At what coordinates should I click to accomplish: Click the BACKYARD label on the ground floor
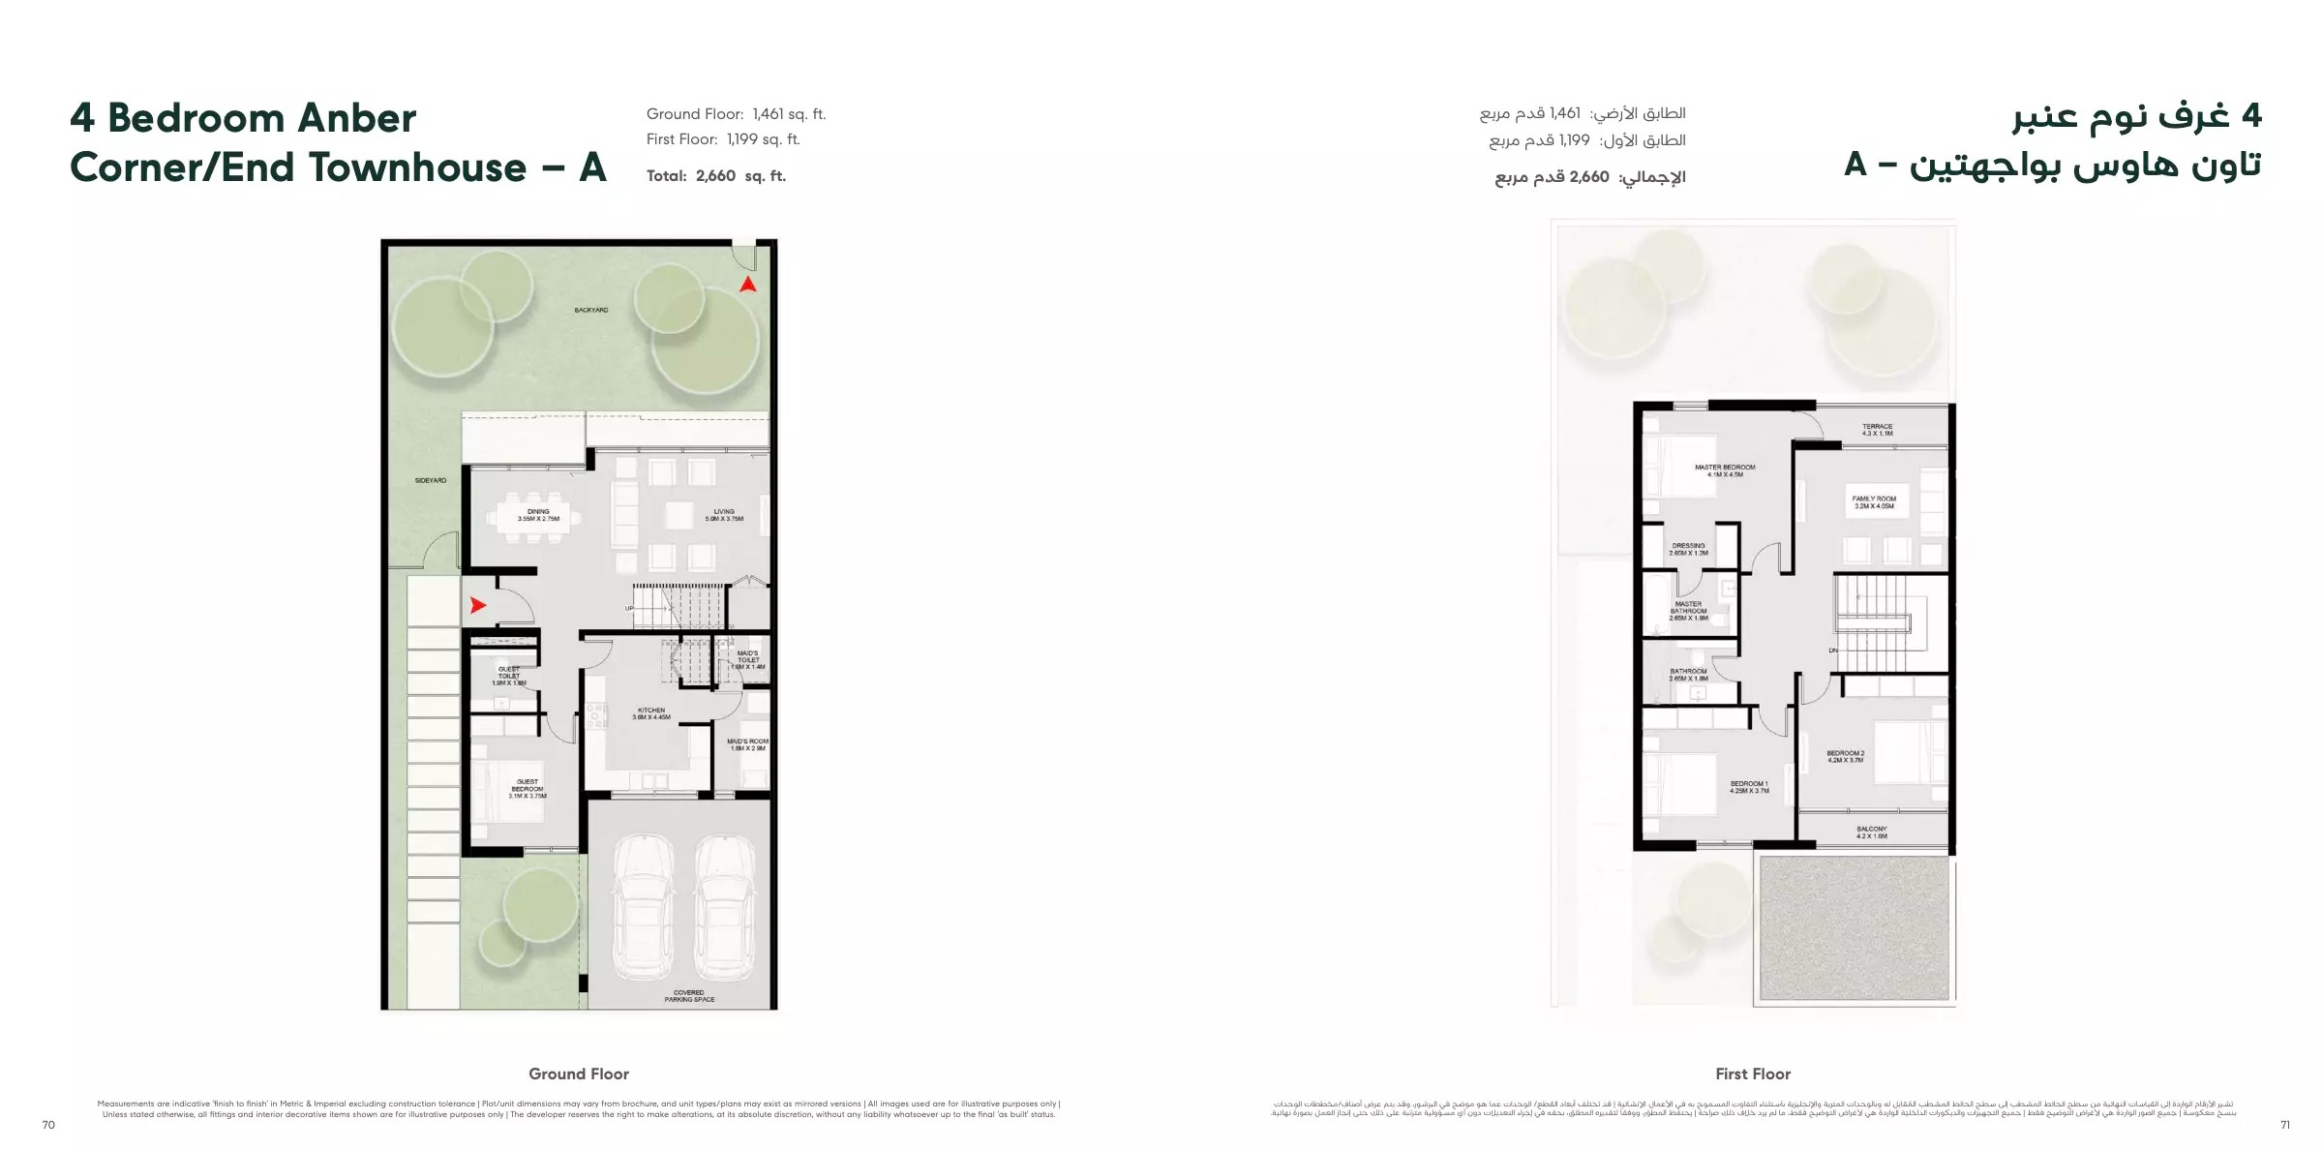click(590, 310)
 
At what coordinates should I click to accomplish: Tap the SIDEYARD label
click(431, 480)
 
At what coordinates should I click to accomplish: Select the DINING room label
click(538, 515)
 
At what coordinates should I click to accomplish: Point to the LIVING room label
click(724, 515)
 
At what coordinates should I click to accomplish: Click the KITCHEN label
click(651, 713)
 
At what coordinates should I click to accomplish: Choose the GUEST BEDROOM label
click(528, 789)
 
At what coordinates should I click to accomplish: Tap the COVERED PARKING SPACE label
click(689, 996)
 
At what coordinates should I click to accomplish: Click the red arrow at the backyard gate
click(747, 285)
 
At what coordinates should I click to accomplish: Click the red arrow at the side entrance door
click(477, 606)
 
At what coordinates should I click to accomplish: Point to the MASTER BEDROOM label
click(1725, 470)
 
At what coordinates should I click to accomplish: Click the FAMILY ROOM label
click(1874, 502)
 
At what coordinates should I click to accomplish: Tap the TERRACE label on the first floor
click(1877, 430)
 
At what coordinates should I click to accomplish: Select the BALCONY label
click(1871, 832)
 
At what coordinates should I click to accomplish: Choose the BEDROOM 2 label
click(1845, 756)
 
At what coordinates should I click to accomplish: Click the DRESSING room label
click(1688, 549)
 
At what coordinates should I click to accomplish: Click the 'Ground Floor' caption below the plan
click(579, 1074)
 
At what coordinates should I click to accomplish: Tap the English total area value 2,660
click(715, 176)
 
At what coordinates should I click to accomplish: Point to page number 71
click(2284, 1125)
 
